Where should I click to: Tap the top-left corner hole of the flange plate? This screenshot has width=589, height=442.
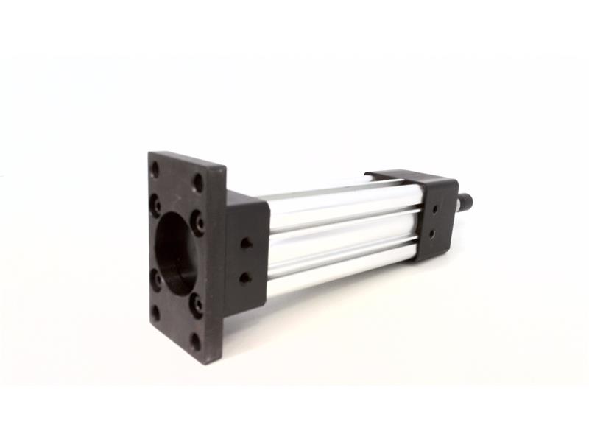[x=155, y=169]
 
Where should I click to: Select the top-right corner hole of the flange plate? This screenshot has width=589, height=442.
[x=198, y=181]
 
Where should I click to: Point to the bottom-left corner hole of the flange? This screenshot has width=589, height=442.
[x=155, y=312]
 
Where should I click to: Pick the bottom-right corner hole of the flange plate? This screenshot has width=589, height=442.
[x=195, y=341]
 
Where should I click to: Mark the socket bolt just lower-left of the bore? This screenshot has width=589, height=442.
[x=156, y=279]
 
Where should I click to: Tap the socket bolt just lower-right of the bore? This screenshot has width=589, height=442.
[x=196, y=303]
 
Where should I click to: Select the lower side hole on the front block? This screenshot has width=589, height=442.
[x=244, y=278]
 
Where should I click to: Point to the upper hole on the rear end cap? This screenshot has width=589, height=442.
[x=436, y=209]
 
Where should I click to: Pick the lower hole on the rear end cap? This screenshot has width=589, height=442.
[x=433, y=233]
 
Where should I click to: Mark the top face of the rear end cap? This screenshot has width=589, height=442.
[x=412, y=178]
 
